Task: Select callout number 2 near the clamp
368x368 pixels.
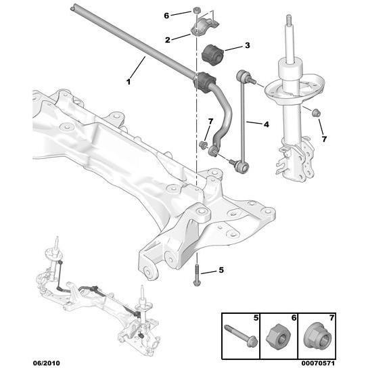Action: (x=167, y=39)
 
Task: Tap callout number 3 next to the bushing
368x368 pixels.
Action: (x=247, y=46)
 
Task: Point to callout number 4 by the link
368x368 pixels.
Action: (x=266, y=124)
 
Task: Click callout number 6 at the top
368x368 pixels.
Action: (x=167, y=14)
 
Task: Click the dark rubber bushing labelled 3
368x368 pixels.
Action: (x=213, y=53)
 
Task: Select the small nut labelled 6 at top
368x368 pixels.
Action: (x=195, y=11)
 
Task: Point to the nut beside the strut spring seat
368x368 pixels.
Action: (x=315, y=112)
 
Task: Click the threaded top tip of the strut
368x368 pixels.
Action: (x=288, y=18)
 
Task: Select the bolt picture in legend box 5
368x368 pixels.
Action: (x=239, y=335)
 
